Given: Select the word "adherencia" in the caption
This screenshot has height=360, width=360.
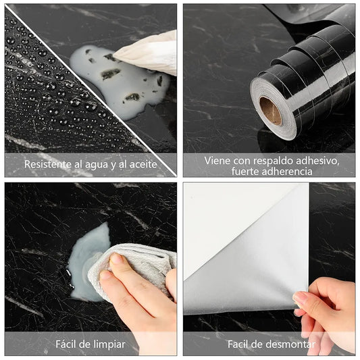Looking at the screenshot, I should point(282,172).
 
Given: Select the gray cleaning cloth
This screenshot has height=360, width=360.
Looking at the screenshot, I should point(135,267).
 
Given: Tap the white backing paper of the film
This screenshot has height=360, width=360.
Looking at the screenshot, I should point(223,216).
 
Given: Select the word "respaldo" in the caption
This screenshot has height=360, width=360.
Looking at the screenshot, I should point(272,160).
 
